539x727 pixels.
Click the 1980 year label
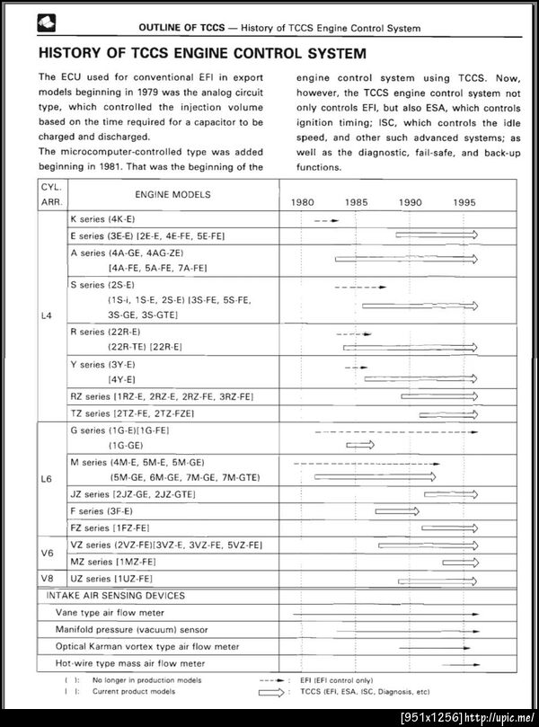tap(302, 202)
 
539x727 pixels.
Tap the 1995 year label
tap(464, 202)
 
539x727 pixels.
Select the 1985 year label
tap(356, 202)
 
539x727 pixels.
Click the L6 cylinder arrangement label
tap(47, 479)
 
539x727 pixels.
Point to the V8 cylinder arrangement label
tap(47, 578)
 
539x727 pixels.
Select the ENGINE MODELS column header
tap(172, 194)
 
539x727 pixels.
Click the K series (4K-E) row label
tap(102, 219)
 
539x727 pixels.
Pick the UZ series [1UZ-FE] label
tap(111, 578)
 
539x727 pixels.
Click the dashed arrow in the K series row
tap(327, 219)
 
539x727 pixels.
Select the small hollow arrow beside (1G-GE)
tap(360, 445)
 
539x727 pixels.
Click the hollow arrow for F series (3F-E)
tap(397, 511)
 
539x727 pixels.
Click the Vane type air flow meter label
tap(103, 612)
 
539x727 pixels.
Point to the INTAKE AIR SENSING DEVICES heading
tap(115, 595)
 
